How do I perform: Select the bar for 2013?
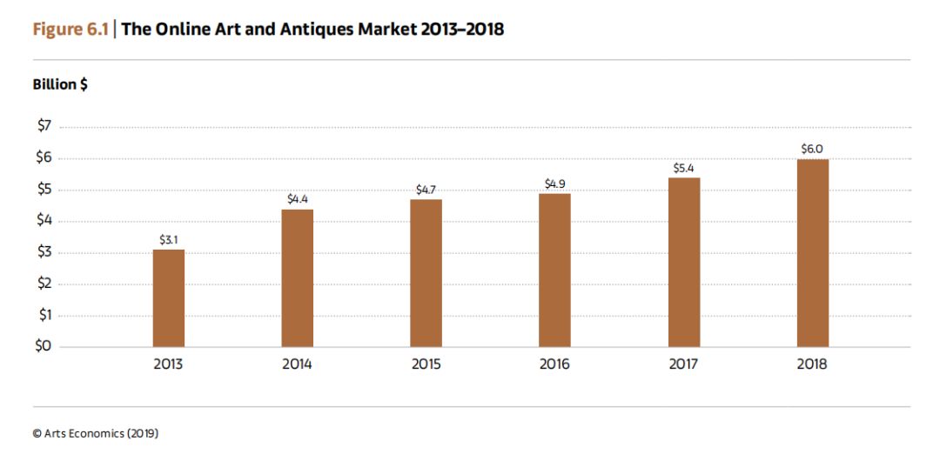click(169, 298)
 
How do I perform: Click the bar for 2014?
click(298, 278)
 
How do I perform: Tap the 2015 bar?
click(426, 273)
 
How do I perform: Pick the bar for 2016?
click(554, 270)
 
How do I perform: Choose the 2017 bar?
click(684, 263)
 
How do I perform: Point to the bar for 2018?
click(813, 253)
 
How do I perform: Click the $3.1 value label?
click(169, 239)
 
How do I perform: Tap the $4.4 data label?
click(298, 199)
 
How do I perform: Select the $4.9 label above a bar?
click(555, 184)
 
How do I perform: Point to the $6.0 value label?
click(813, 149)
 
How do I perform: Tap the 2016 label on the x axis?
click(554, 364)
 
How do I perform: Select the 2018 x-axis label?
click(812, 364)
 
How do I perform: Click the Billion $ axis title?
click(60, 84)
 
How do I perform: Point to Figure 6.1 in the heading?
click(70, 30)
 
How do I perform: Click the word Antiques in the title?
click(314, 30)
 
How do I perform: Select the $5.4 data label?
click(684, 169)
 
